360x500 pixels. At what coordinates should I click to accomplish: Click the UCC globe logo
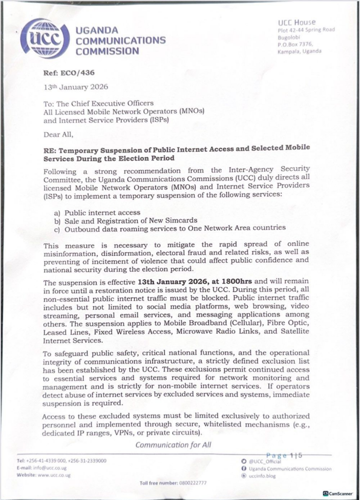tap(44, 39)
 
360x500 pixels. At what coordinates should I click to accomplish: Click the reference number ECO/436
tap(63, 73)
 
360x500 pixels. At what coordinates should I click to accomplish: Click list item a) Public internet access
tap(97, 213)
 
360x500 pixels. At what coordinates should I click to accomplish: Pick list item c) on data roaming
tap(169, 228)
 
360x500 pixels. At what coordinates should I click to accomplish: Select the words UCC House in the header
tap(296, 22)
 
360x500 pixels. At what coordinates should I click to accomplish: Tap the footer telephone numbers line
tap(62, 460)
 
